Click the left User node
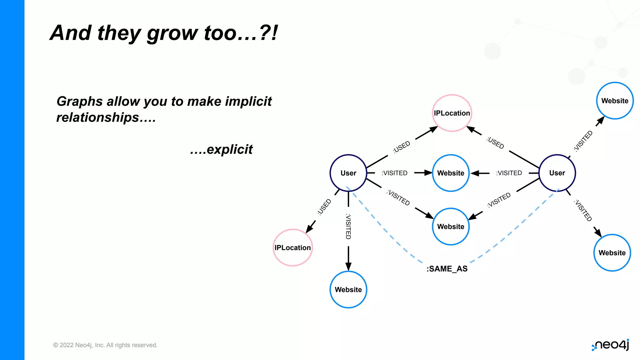point(348,173)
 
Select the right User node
point(557,173)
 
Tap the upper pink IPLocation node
point(452,113)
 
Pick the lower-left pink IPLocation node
point(292,247)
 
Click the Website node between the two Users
point(451,173)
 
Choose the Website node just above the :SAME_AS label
point(451,226)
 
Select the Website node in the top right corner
point(615,101)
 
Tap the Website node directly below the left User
point(348,289)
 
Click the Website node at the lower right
point(612,252)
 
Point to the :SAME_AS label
point(447,269)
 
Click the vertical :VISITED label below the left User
point(348,227)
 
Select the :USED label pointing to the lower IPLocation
point(324,207)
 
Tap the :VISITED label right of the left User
point(394,173)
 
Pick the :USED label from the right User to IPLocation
point(495,143)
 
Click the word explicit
point(230,149)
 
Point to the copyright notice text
point(105,345)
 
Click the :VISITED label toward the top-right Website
point(583,141)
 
